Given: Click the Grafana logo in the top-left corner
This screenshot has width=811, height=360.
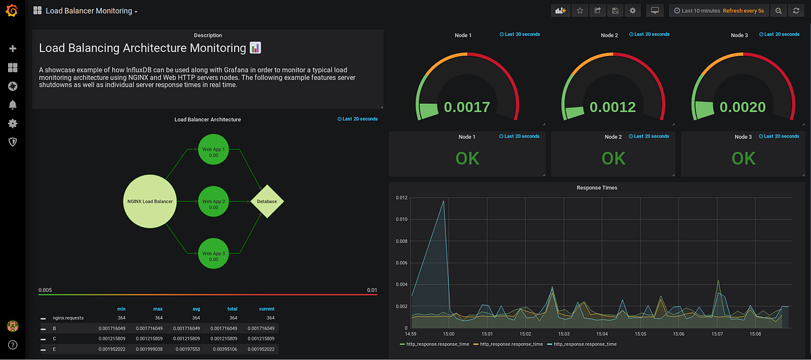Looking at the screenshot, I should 11,11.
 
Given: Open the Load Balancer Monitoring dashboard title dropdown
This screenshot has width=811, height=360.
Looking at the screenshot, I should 91,11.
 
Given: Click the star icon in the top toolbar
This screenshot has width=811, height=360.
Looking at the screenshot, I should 580,11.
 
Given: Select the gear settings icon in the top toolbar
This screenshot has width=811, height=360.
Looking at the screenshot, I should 633,11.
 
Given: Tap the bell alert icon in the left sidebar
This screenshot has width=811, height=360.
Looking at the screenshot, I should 12,105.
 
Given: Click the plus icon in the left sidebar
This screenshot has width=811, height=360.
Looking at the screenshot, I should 12,49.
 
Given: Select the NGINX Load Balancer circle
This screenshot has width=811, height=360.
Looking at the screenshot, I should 150,201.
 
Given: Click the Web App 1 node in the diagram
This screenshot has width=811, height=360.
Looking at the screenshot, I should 214,151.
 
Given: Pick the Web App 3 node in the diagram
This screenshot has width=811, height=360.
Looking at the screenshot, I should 214,256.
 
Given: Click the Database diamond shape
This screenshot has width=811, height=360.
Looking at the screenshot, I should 267,201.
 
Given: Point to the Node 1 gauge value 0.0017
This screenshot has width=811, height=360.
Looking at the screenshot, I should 467,107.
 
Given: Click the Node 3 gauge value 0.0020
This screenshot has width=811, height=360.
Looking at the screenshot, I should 743,107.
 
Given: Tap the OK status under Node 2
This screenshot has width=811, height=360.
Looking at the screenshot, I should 613,158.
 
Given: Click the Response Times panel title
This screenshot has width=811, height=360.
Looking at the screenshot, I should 596,188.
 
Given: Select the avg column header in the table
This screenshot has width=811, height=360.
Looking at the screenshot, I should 195,309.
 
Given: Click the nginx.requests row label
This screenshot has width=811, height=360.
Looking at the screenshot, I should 68,317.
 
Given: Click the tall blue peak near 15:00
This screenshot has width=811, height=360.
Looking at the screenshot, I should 443,201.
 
